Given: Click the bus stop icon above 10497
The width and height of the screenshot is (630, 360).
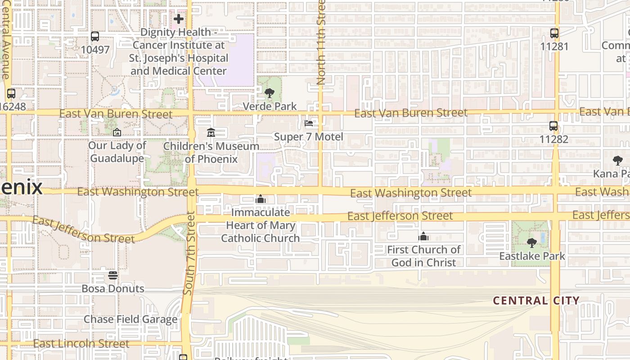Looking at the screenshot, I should tap(95, 36).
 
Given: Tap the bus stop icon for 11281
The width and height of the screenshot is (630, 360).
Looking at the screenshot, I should tap(554, 33).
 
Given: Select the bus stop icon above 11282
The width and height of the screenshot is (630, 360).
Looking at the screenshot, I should tap(553, 126).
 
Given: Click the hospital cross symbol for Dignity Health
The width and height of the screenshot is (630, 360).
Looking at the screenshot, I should tap(179, 19).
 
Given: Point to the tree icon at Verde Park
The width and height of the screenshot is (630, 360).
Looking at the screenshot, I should tap(270, 93).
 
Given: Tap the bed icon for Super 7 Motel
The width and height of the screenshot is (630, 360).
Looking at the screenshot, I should tap(309, 123).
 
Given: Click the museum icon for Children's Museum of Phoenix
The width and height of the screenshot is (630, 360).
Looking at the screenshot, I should tap(211, 133).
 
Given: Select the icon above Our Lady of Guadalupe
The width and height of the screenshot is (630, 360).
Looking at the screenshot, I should tap(117, 132).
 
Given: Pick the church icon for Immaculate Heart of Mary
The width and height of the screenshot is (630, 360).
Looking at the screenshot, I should tap(261, 199).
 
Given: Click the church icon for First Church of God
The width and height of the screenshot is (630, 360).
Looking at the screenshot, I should tap(423, 236).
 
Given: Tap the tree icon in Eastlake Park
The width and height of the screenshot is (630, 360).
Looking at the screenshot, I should tap(532, 243).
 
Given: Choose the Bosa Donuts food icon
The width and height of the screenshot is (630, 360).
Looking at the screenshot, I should tap(113, 275).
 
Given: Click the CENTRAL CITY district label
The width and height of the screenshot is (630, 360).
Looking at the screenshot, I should tap(536, 301).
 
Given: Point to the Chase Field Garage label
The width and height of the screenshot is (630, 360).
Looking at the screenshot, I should tap(130, 319).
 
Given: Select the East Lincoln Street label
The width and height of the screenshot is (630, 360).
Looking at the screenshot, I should tap(81, 344).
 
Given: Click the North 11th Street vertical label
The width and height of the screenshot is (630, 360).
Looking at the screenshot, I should tap(321, 43).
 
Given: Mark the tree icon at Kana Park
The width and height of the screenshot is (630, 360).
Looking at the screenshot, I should tap(618, 161).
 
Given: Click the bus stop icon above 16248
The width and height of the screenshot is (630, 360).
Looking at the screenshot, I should tap(11, 94).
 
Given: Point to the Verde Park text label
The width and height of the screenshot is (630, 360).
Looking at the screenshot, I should tap(270, 106).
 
